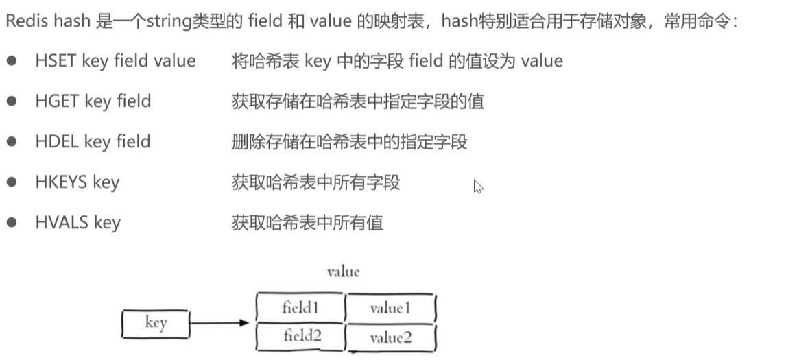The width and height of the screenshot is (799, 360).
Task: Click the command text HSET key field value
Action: (115, 61)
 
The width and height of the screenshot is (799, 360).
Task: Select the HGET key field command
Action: (93, 101)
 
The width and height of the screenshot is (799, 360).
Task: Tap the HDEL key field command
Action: (93, 142)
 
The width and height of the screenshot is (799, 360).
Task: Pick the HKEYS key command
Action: (77, 182)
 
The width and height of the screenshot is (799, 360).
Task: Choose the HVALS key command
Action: (77, 223)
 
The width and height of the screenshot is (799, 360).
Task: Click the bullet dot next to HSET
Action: (12, 61)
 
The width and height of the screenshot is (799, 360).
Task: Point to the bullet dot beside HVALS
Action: (12, 223)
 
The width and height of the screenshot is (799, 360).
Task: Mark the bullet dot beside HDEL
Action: (12, 142)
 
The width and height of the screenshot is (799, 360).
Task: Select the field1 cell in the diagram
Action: (300, 307)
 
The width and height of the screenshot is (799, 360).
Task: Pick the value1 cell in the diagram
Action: (390, 308)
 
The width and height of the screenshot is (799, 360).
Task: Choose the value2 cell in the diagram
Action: (390, 337)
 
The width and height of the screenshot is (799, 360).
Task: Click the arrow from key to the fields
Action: (219, 322)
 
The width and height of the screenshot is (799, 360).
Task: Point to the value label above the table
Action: (343, 272)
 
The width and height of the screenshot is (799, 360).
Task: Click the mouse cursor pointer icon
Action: (478, 187)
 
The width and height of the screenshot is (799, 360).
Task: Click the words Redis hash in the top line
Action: (48, 21)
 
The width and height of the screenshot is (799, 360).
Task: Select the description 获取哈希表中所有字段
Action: (316, 182)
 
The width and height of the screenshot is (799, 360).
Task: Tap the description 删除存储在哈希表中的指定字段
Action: (350, 142)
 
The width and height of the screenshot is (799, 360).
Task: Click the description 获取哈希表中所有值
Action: (308, 223)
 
